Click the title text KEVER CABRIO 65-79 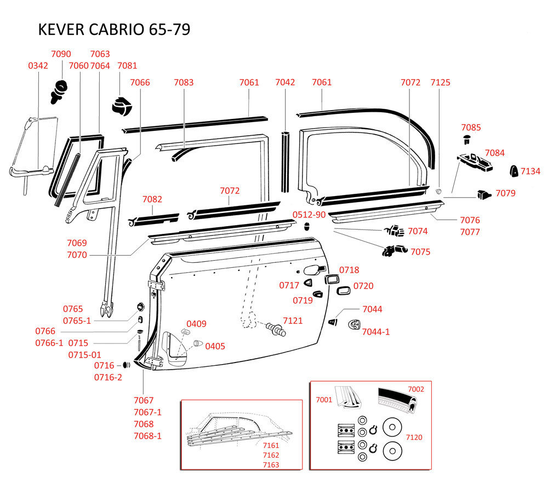(114, 30)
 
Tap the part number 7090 (61, 54)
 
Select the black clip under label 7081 (122, 105)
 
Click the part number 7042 (285, 82)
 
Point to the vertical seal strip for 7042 (286, 162)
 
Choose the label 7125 (441, 83)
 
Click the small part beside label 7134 (514, 171)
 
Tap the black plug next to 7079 (484, 194)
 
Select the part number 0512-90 (309, 215)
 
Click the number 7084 (494, 153)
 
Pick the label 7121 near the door (293, 320)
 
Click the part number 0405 (215, 346)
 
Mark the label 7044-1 (376, 332)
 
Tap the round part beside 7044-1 (355, 325)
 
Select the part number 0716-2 (108, 377)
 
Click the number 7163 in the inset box (271, 465)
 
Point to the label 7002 (416, 389)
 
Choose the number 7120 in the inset (414, 437)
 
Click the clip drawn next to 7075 (395, 250)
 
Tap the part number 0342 (38, 66)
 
